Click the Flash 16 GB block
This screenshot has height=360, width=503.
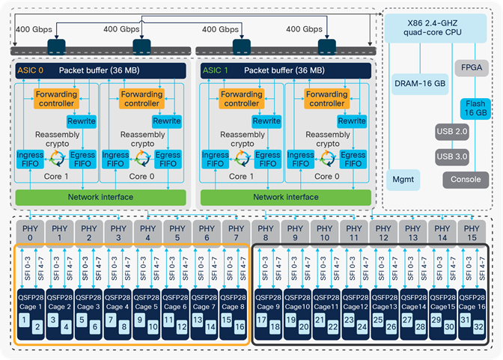[x=475, y=108]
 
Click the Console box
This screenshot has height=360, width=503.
[x=466, y=180]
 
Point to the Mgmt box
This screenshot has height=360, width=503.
[x=403, y=180]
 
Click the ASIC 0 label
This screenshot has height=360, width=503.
[x=31, y=70]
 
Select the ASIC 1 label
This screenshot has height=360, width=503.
[x=216, y=70]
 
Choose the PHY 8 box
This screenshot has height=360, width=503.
[x=265, y=232]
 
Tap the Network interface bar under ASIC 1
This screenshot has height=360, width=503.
[x=288, y=197]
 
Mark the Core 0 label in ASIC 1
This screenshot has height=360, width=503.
[x=324, y=177]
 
